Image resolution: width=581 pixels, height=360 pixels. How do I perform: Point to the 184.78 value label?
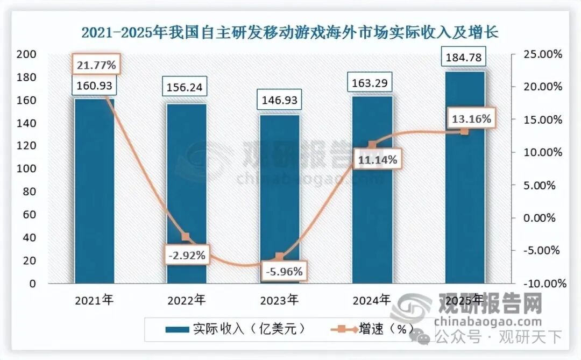tap(465, 57)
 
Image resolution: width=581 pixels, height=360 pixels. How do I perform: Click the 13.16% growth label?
tap(471, 119)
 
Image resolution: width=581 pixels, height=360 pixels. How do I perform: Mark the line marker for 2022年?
tap(186, 237)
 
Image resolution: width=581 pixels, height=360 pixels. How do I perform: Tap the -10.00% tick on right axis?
tap(541, 284)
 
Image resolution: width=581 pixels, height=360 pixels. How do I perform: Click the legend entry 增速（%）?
tap(377, 328)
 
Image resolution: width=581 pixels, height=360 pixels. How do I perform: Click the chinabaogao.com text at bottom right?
tap(487, 322)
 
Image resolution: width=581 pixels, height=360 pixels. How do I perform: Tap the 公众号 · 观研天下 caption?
tap(498, 337)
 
